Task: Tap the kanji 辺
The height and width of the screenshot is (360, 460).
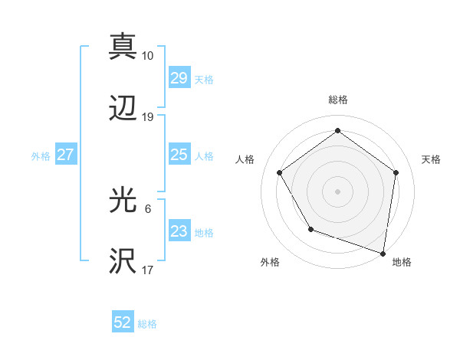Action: point(123,110)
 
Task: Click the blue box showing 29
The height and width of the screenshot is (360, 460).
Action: point(179,78)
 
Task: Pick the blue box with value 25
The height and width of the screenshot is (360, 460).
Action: point(179,155)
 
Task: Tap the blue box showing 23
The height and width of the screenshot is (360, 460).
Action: point(179,232)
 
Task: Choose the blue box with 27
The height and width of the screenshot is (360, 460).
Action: point(65,155)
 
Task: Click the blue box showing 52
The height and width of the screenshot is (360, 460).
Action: point(123,322)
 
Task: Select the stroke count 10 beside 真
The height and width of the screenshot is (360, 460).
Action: point(148,55)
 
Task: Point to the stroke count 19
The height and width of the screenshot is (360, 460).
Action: point(148,117)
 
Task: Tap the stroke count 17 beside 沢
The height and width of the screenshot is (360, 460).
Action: point(148,270)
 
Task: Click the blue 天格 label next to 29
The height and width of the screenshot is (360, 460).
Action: point(204,79)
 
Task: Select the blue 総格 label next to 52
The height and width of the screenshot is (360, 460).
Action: point(147,323)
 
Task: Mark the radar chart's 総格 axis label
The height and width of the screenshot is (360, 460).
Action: point(338,100)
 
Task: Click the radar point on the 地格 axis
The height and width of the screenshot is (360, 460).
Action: point(383,253)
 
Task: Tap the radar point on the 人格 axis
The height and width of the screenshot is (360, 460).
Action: point(280,173)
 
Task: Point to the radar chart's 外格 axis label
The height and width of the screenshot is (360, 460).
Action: point(270,262)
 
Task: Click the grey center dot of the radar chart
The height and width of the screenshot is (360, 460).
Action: point(338,191)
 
